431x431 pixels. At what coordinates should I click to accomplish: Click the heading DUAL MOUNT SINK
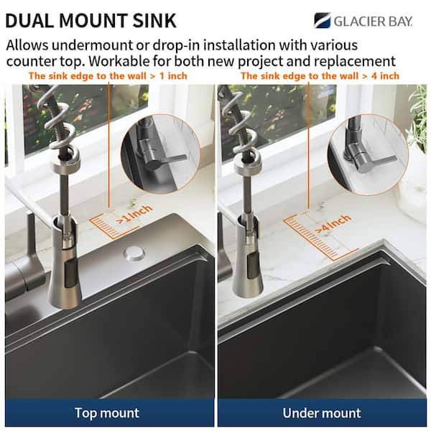tap(91, 21)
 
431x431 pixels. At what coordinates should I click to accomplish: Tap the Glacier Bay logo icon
tap(322, 20)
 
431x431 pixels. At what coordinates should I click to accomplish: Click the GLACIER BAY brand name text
tap(373, 21)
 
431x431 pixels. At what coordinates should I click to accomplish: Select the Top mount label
tap(107, 413)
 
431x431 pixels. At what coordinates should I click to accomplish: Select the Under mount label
tap(322, 413)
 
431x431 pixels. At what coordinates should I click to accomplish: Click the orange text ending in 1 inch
tap(108, 76)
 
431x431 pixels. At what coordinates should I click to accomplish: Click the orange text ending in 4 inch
tap(320, 76)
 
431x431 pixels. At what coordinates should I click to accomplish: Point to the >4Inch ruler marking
tap(333, 223)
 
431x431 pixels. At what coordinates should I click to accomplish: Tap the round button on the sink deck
tap(134, 253)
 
